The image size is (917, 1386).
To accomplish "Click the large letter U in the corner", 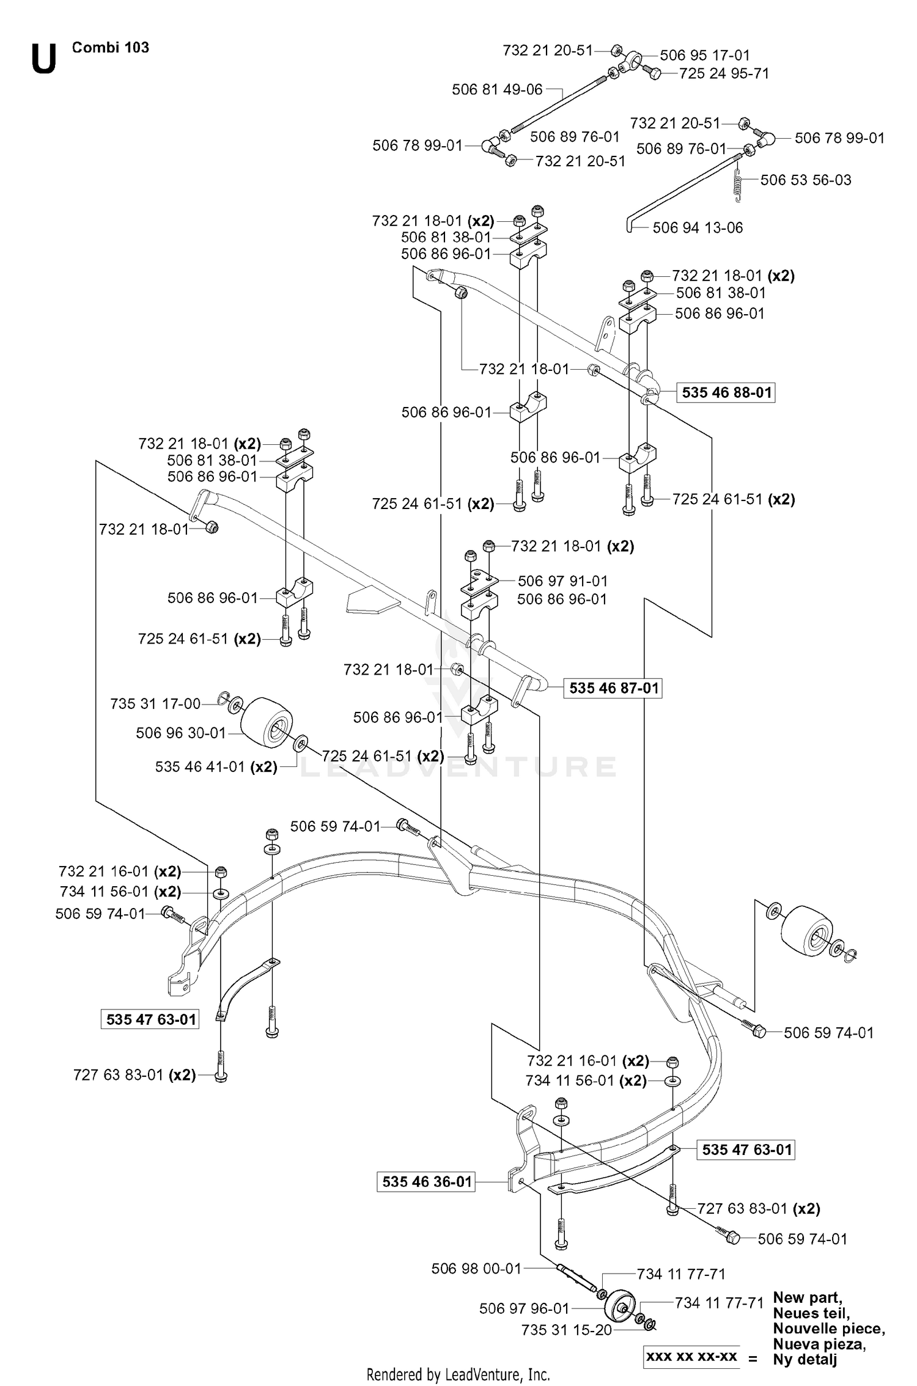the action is point(44,59).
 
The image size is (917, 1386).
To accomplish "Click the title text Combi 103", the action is point(111,48).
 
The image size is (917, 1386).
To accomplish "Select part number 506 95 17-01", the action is point(705,55).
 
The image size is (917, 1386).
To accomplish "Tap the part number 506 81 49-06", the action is point(497,90).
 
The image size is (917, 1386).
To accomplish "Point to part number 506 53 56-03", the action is point(806,180).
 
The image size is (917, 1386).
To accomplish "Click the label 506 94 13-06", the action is point(698,228).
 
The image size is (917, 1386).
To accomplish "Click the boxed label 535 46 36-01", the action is point(427,1181).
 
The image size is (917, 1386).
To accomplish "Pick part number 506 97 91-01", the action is point(562,581).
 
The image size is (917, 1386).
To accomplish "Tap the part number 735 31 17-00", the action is point(155,704).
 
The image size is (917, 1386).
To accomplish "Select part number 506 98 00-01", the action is point(476,1269).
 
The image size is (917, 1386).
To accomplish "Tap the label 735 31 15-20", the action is point(566,1330).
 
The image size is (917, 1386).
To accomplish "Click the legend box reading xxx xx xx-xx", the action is point(691,1356).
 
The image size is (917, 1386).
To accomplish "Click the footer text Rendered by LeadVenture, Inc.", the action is point(458,1374).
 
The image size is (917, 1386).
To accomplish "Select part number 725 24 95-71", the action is point(724,74).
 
